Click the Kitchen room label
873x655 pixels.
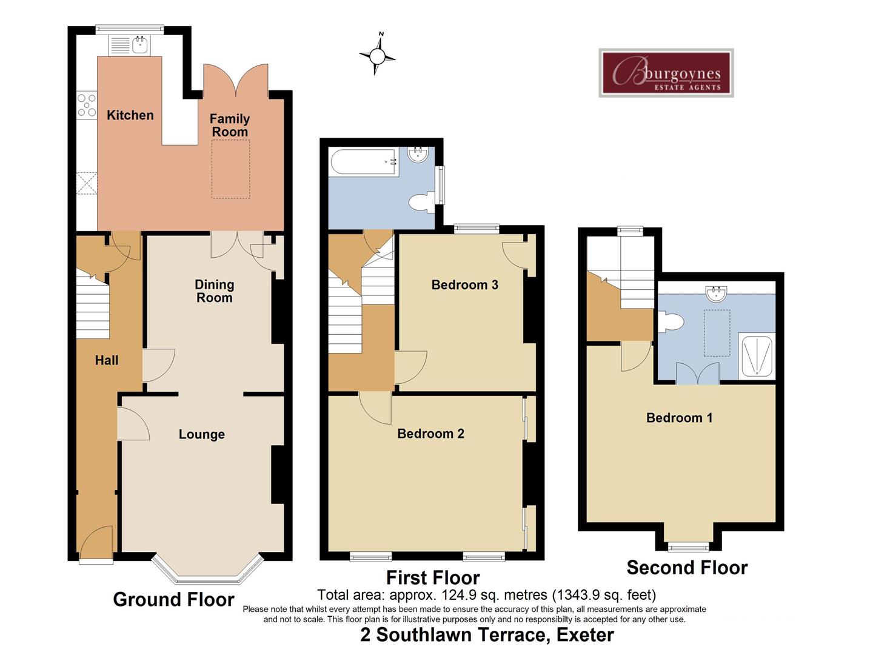point(130,115)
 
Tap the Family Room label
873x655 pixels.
point(230,126)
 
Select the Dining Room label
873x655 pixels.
point(214,291)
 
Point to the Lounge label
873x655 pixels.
point(201,434)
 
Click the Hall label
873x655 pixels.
point(107,360)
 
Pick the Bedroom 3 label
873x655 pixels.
point(464,285)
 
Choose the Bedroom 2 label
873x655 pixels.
point(430,434)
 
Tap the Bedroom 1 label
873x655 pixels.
point(679,418)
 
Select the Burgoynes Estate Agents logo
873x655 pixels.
point(666,73)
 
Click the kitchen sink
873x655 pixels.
point(141,44)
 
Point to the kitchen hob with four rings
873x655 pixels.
point(87,104)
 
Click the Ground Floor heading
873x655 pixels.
point(173,600)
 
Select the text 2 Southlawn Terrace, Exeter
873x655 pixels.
point(487,635)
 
